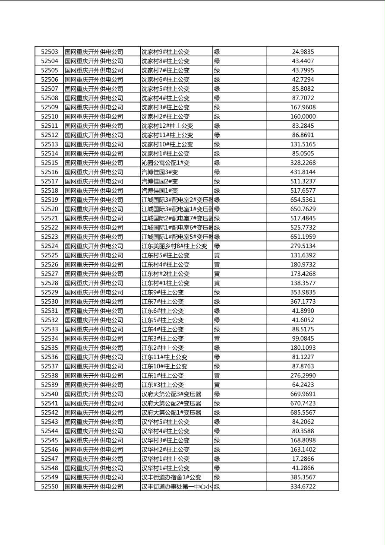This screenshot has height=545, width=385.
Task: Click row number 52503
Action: (x=49, y=52)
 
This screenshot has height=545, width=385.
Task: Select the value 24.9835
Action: (x=303, y=52)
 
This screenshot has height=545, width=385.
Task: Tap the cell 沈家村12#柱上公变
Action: (x=167, y=126)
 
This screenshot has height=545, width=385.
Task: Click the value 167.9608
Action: (x=303, y=107)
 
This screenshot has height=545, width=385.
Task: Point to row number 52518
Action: (x=49, y=190)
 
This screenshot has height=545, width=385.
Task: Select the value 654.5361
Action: (x=303, y=200)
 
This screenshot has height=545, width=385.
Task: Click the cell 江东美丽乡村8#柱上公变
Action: (x=174, y=246)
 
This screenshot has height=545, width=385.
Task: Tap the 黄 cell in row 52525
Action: (x=217, y=255)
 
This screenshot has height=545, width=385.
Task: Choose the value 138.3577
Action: (x=303, y=283)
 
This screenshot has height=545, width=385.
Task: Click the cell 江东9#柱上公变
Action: (x=162, y=292)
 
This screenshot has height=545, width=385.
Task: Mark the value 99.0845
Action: (x=303, y=339)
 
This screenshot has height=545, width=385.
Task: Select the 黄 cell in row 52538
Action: (x=217, y=376)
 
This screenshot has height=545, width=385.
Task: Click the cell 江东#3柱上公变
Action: (x=162, y=385)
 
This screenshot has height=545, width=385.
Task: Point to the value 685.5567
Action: (x=303, y=412)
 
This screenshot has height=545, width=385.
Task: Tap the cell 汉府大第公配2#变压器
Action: (x=171, y=403)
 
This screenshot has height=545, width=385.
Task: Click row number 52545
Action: (x=49, y=440)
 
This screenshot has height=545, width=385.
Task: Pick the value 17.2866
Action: (x=303, y=459)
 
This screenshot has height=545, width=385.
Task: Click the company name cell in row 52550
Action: (x=94, y=487)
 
